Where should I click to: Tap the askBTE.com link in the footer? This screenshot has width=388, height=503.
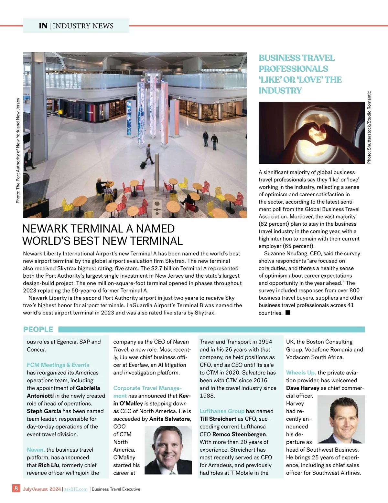76,489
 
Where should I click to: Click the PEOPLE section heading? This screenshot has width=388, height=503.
38,329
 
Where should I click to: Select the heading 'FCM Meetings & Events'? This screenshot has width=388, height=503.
58,365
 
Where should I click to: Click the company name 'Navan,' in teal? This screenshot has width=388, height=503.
36,450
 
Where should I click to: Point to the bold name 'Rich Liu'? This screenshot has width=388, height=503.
48,465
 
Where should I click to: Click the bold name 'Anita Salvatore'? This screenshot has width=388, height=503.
169,419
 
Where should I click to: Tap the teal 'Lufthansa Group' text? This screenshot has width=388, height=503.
222,411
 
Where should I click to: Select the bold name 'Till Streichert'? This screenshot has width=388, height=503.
218,419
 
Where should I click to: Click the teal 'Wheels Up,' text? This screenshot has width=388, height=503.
301,373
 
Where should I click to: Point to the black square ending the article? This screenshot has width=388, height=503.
288,313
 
